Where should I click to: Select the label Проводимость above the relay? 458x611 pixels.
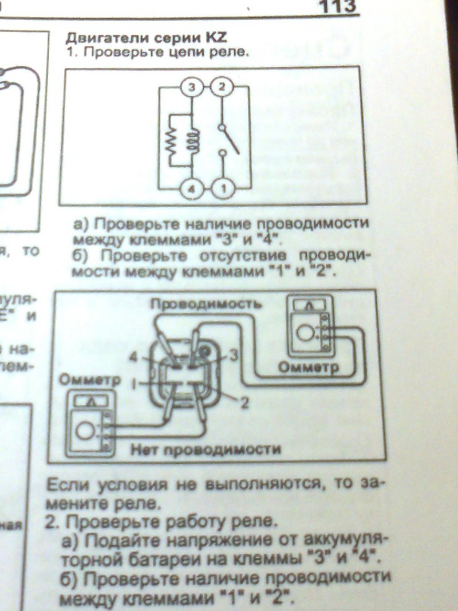click(207, 304)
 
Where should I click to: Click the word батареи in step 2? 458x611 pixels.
click(134, 556)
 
